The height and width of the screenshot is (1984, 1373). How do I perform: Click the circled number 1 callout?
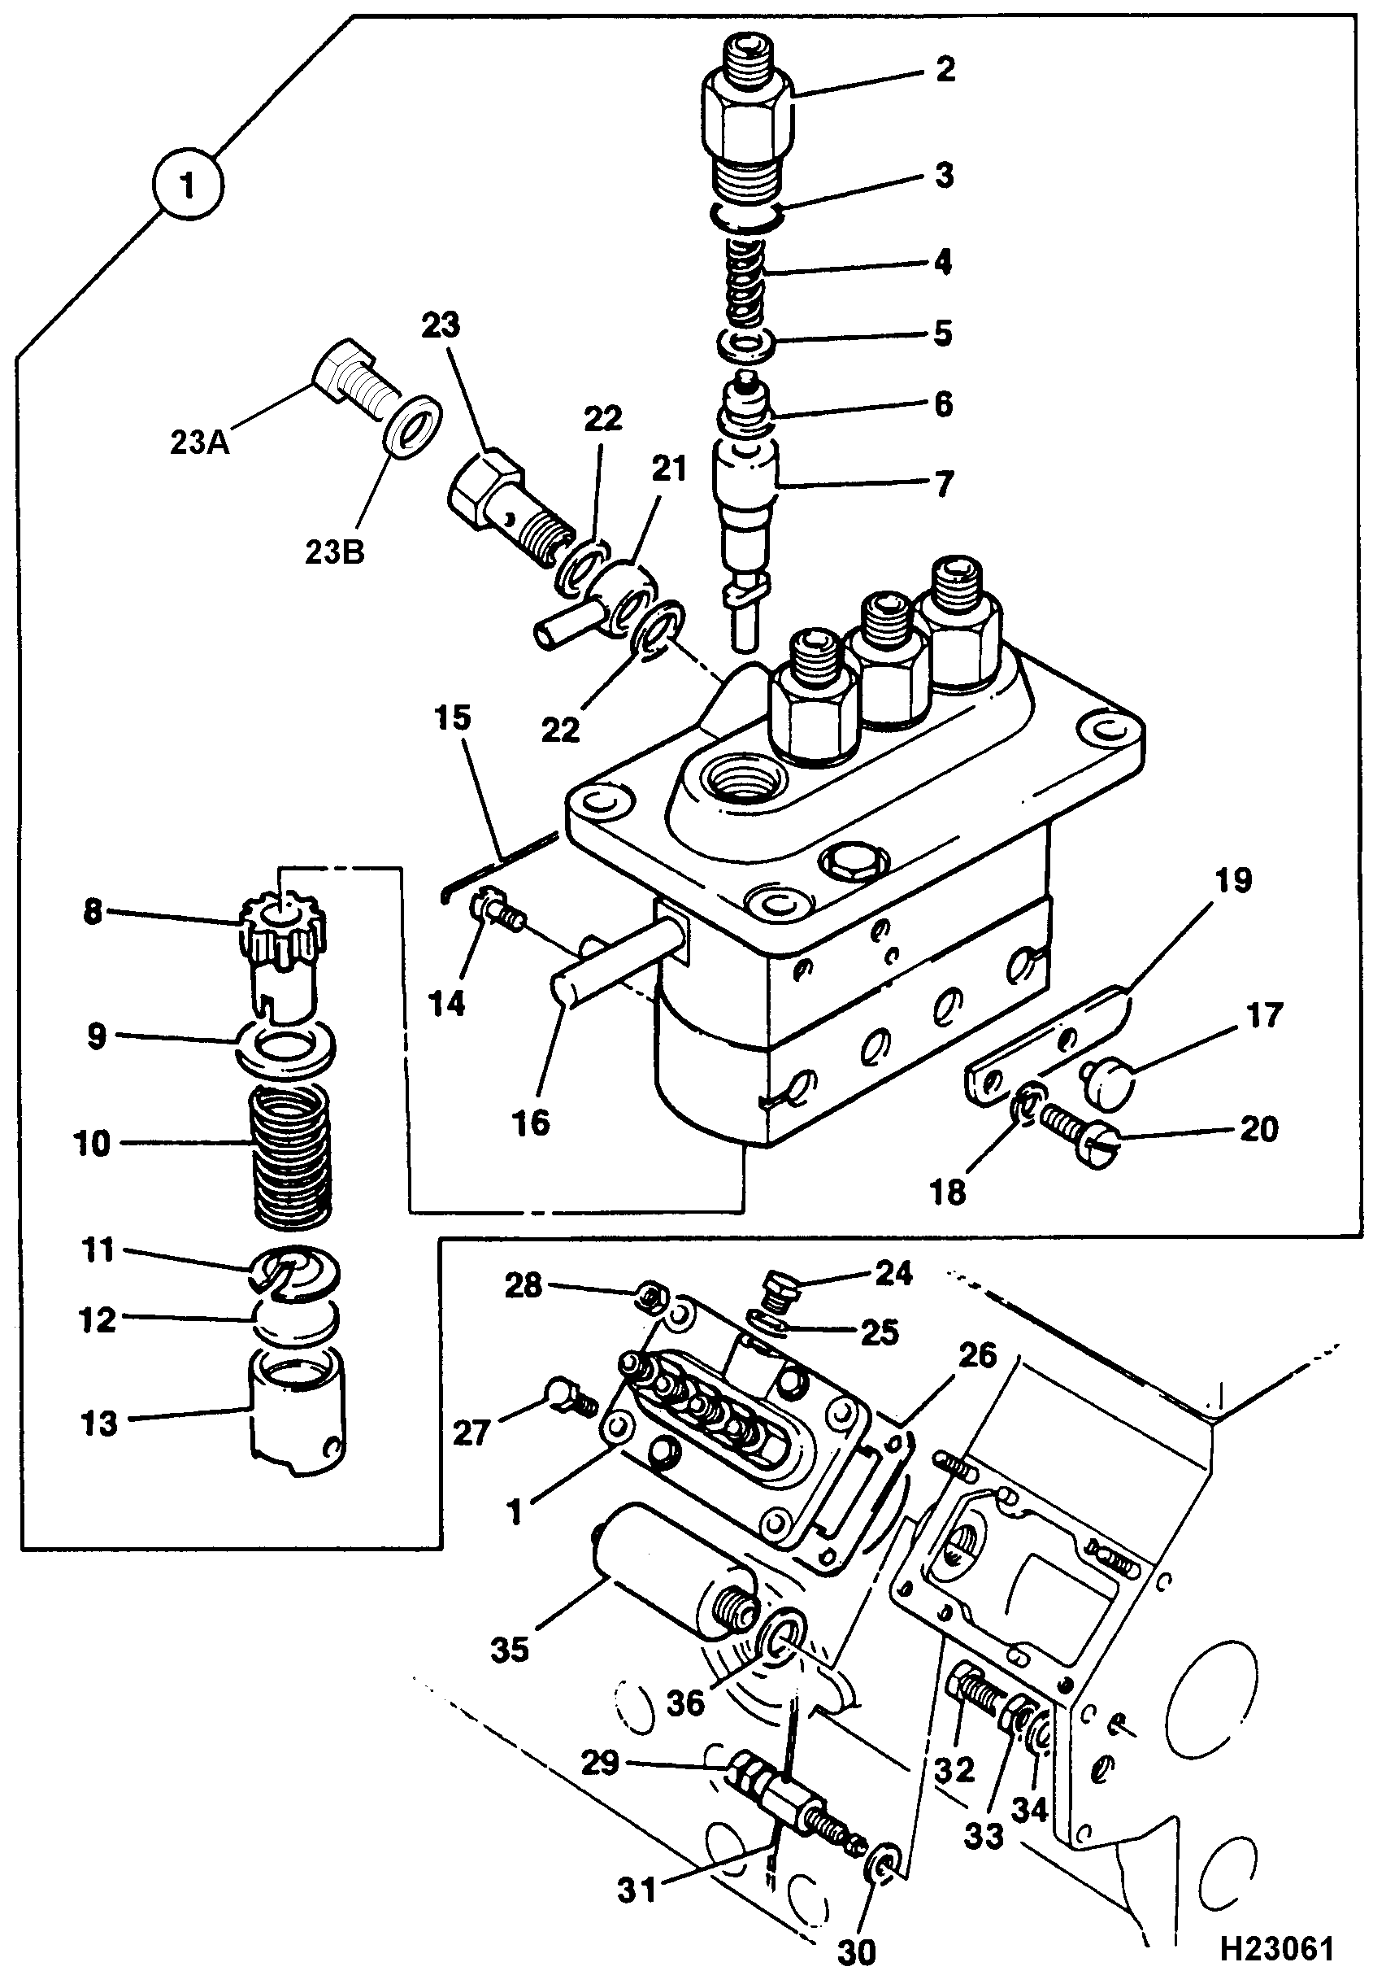(x=188, y=184)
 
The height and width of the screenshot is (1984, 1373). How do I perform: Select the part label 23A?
(x=200, y=443)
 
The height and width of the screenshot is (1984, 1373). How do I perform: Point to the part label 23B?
(x=335, y=552)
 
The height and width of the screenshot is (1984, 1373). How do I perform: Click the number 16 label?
(x=531, y=1123)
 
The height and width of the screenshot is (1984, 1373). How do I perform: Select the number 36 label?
(x=684, y=1702)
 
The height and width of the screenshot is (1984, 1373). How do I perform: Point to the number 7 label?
(x=945, y=484)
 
